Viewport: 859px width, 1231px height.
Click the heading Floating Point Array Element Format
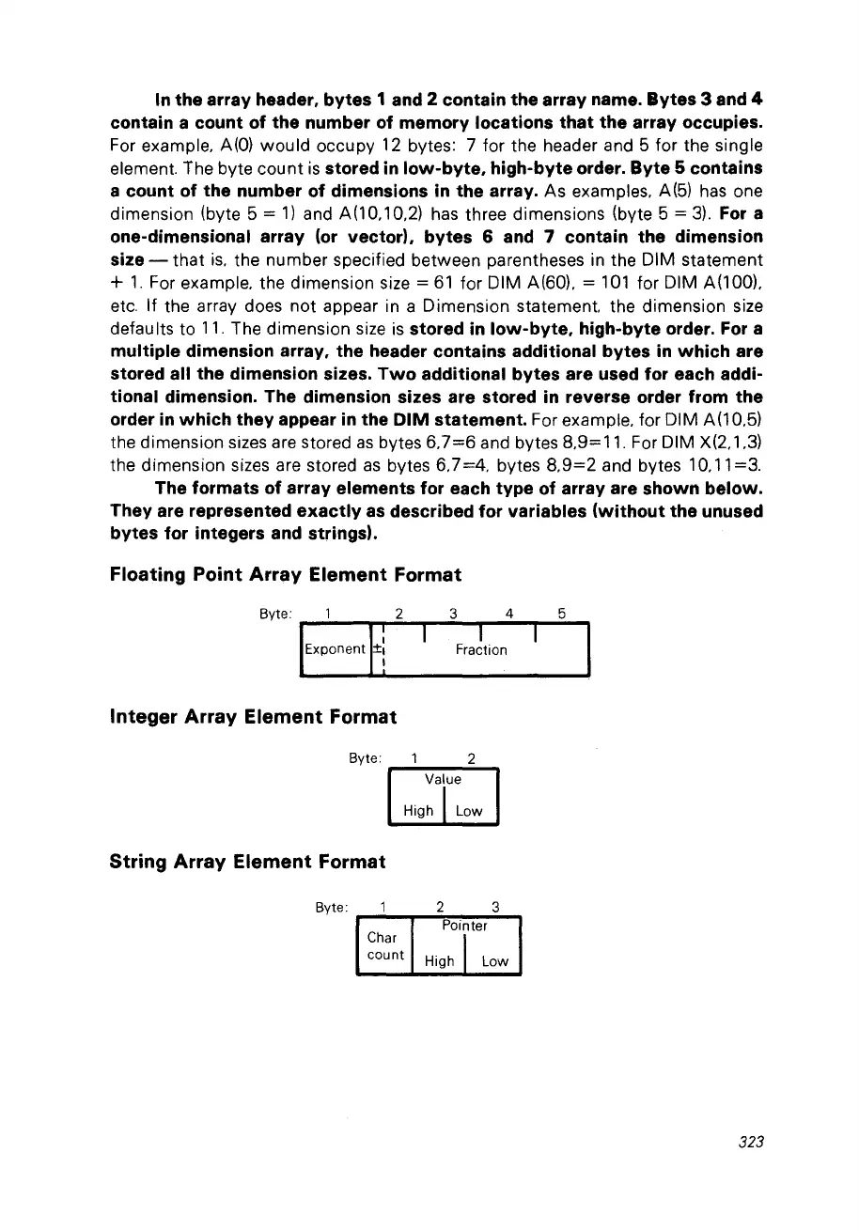tap(286, 573)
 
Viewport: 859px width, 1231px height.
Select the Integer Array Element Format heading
tap(253, 716)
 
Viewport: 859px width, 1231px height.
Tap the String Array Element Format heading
tap(248, 861)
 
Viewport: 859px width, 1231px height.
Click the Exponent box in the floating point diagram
tap(335, 649)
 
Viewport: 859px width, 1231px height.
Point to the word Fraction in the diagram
tap(481, 649)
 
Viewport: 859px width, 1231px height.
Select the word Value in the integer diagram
tap(443, 779)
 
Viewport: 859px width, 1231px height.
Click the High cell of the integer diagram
tap(418, 810)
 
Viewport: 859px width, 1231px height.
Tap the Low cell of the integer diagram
tap(468, 810)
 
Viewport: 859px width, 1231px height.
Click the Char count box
tap(385, 946)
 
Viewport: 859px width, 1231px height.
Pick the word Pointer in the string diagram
tap(465, 926)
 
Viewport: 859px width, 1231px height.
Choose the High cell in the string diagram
tap(440, 960)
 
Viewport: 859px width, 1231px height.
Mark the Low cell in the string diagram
tap(494, 960)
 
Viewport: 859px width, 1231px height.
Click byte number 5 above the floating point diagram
tap(561, 615)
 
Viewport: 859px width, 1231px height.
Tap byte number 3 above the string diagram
tap(494, 907)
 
